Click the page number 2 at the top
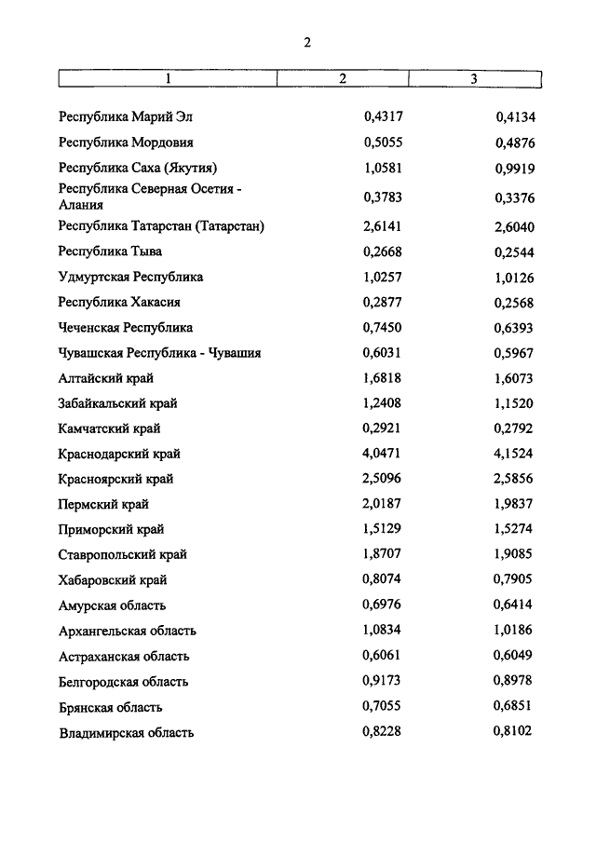click(x=306, y=42)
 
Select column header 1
click(x=169, y=79)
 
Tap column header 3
click(x=473, y=79)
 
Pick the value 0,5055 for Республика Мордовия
click(x=382, y=143)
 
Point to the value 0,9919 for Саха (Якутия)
click(x=514, y=169)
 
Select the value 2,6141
click(x=382, y=226)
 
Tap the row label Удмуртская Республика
click(x=130, y=277)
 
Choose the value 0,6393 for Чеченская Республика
click(x=514, y=328)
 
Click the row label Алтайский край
click(x=106, y=378)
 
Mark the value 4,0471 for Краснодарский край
click(x=382, y=454)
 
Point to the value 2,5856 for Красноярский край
click(x=514, y=479)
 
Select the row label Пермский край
click(x=103, y=505)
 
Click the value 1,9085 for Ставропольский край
click(x=514, y=555)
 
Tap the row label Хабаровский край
click(x=113, y=580)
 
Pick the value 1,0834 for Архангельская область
click(x=382, y=631)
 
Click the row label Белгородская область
click(x=123, y=682)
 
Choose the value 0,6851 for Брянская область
click(x=514, y=707)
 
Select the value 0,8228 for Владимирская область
click(x=382, y=732)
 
